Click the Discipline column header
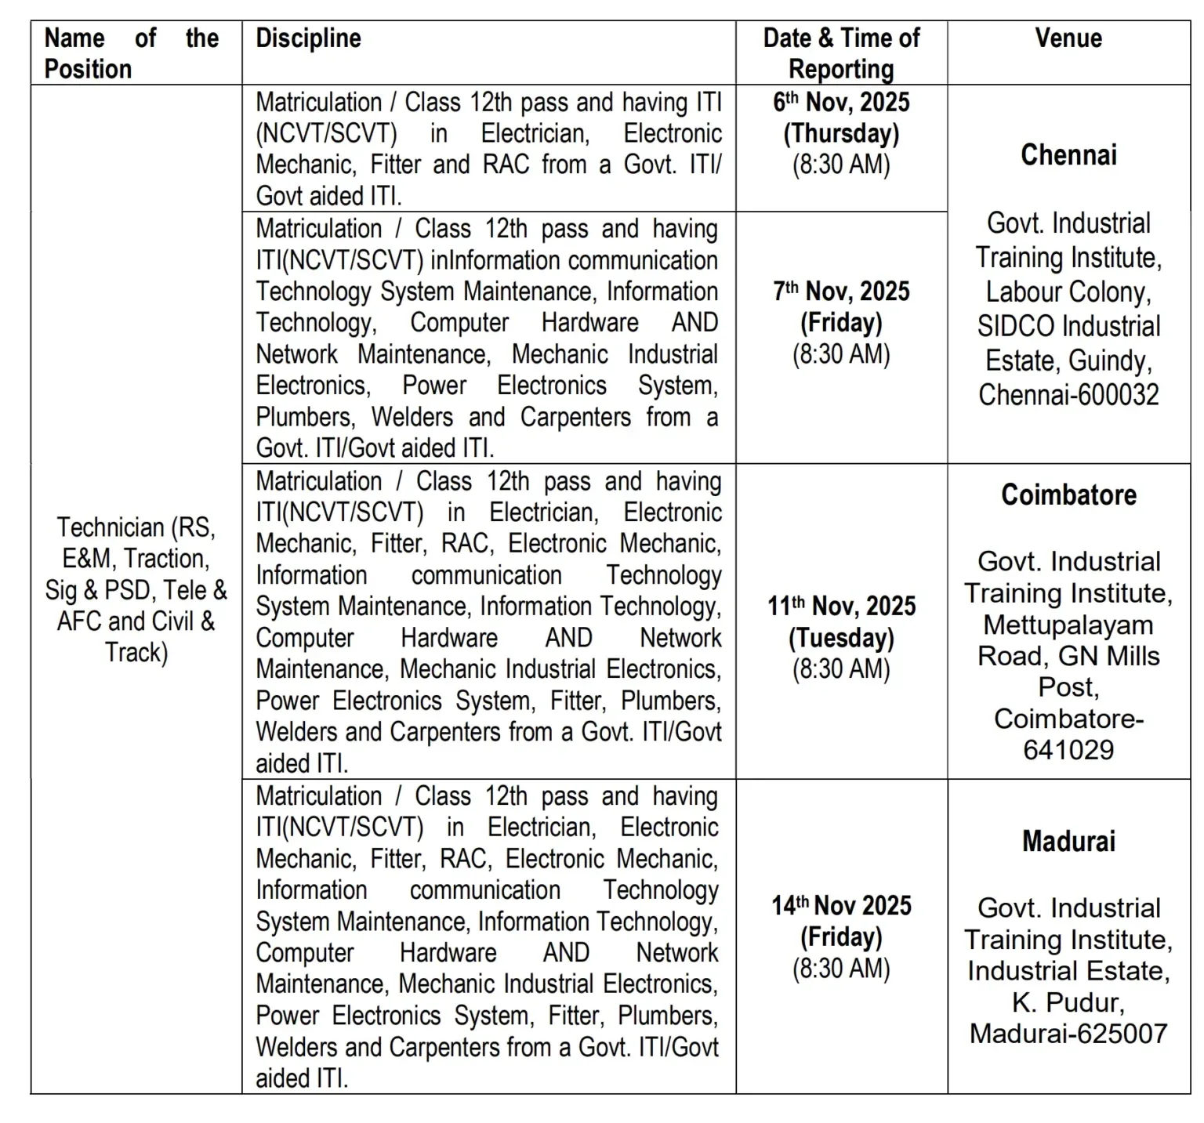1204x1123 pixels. pos(308,38)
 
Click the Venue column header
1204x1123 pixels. pos(1068,38)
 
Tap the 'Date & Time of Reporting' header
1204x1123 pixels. pos(841,53)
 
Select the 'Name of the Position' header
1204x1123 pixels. pos(132,53)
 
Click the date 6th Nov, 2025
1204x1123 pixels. pos(841,102)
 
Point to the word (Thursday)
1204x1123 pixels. pos(841,133)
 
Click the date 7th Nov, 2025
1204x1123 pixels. pos(841,292)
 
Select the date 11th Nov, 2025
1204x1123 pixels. pos(841,607)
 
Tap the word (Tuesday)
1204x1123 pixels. pos(841,638)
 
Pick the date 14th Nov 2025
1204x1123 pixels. pos(841,906)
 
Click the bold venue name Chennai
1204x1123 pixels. pos(1068,155)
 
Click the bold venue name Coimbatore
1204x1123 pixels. pos(1068,495)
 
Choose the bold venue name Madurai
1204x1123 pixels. pos(1068,842)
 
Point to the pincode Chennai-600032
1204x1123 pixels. pos(1068,394)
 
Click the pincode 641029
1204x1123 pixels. pos(1068,750)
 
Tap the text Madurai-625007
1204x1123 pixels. pos(1068,1034)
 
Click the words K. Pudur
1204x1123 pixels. pos(1068,1002)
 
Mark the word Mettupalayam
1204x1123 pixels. pos(1068,625)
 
